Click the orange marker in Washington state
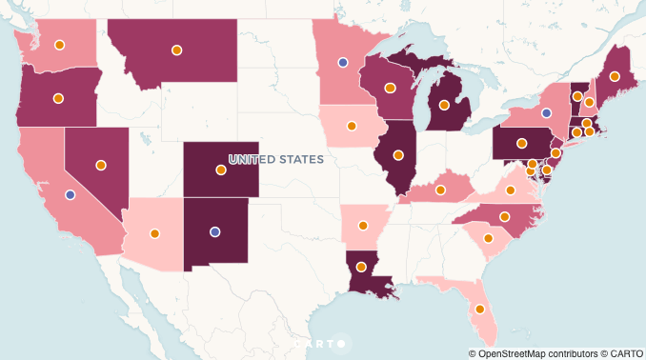point(59,45)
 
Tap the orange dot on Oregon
point(58,98)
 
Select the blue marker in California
point(70,194)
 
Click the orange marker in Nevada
point(101,165)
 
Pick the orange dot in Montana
point(176,50)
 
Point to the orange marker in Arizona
point(154,232)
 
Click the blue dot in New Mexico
point(215,231)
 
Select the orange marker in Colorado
point(221,170)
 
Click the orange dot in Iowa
point(352,125)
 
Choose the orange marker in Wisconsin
point(390,88)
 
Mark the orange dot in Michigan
point(444,105)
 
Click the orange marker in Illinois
point(398,154)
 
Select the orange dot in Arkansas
point(363,226)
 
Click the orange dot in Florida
point(480,309)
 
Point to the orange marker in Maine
point(615,76)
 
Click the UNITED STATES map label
point(276,159)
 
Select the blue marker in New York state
point(546,112)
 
